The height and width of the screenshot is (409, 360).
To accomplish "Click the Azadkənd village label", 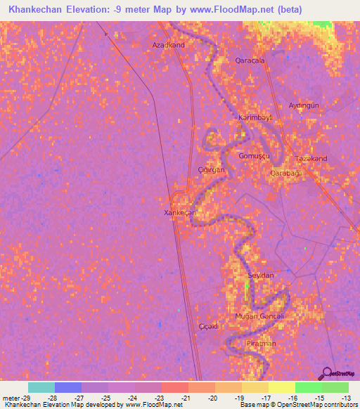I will click(x=169, y=45).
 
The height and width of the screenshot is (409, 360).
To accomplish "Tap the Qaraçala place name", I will click(x=250, y=61).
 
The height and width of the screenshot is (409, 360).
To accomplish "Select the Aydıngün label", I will click(x=304, y=105).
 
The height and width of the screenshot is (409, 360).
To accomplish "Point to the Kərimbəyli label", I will click(x=255, y=117).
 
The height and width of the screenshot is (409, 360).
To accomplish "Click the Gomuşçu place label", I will click(x=254, y=155).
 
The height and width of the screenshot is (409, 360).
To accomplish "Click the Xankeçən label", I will click(x=179, y=212).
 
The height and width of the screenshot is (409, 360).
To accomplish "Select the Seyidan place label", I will click(x=260, y=275).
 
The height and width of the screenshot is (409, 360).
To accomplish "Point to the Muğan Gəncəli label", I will click(x=259, y=317).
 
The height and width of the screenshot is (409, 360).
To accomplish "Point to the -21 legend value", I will click(x=186, y=398).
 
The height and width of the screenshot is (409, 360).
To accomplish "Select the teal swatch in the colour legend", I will click(x=41, y=387).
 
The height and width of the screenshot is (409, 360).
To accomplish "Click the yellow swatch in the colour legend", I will click(x=281, y=387).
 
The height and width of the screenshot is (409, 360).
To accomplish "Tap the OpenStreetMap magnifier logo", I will click(x=326, y=375).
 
